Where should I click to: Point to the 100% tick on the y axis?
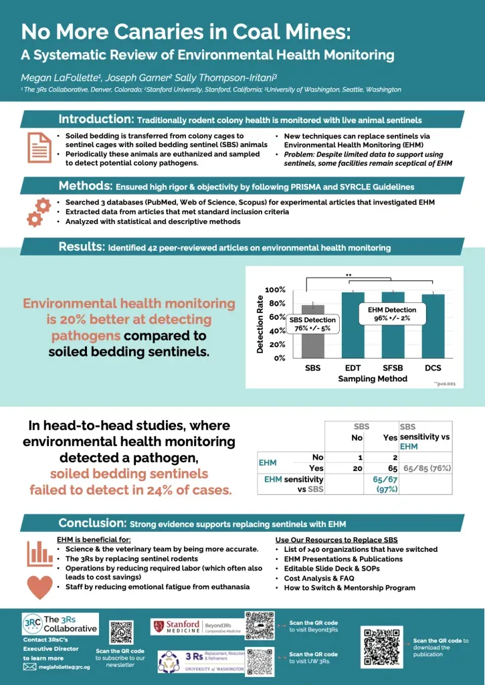click(276, 290)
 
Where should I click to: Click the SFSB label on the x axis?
click(392, 368)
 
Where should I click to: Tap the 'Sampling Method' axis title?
click(372, 379)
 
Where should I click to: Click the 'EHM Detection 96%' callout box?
click(392, 314)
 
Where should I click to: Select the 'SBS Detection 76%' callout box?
click(312, 324)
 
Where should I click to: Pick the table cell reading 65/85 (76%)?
click(425, 469)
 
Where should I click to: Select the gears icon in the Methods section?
click(37, 211)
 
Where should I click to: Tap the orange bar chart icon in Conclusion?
click(39, 553)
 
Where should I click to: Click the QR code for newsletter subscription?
click(121, 633)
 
